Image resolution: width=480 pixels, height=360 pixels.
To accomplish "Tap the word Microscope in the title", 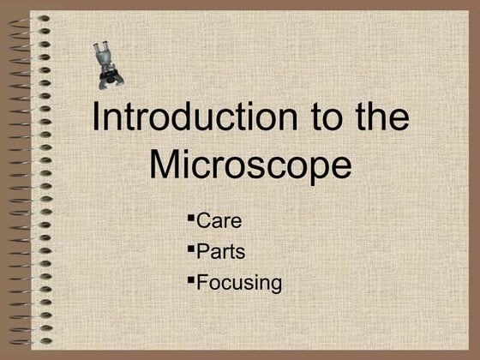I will (250, 165).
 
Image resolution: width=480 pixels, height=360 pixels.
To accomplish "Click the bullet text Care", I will (219, 221).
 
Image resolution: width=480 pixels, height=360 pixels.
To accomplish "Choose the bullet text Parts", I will (221, 251).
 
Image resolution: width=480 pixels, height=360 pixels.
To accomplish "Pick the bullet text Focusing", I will (239, 282).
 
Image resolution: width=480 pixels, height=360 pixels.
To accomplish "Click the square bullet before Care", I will (190, 217).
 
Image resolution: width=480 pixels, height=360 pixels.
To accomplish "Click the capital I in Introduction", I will (96, 118).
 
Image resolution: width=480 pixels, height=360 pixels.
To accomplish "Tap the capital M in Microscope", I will (165, 165).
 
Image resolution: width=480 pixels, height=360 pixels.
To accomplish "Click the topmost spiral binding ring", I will (42, 18).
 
